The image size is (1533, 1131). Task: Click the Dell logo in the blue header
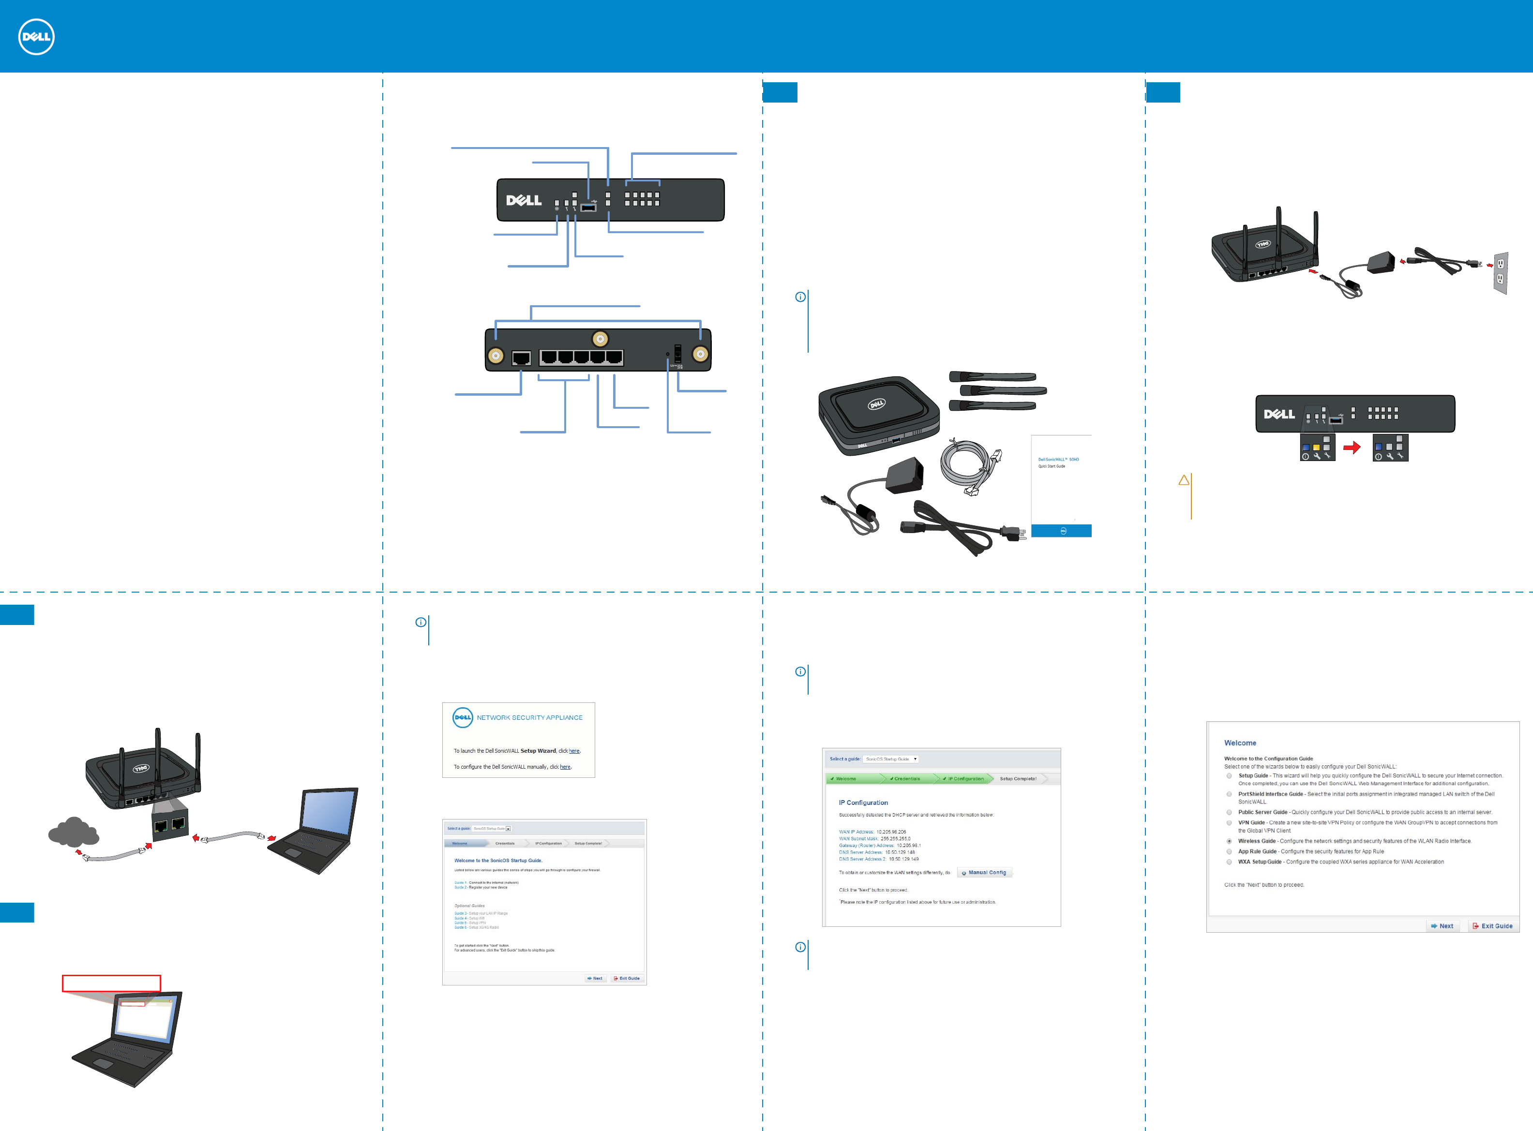(x=36, y=37)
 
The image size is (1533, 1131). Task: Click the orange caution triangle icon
(x=1184, y=481)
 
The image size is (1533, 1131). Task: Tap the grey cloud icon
(x=73, y=832)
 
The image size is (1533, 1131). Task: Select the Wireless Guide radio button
(x=1229, y=841)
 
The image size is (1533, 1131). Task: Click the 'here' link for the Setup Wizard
(x=574, y=751)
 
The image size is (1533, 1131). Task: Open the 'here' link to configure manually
(x=565, y=767)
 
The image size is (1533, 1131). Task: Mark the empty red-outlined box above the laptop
(x=111, y=983)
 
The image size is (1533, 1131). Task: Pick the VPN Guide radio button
(x=1229, y=823)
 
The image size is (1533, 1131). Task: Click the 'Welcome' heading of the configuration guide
(x=1240, y=744)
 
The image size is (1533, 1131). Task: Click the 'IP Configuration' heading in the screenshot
(x=863, y=803)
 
